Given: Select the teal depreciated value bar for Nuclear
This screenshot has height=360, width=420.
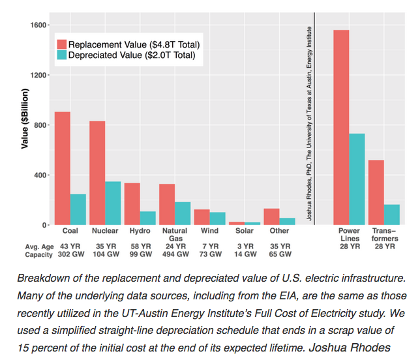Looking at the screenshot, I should point(113,203).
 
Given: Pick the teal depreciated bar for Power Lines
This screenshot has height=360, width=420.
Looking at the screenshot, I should point(357,179).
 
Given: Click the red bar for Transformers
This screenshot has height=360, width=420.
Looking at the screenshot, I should point(376,192).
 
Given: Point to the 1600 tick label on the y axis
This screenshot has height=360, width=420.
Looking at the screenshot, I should point(39,25).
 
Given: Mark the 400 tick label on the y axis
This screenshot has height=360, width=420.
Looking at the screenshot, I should point(41,175).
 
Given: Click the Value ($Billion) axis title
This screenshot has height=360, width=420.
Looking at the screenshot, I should point(24,124).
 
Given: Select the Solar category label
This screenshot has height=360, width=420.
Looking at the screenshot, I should point(244,231).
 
